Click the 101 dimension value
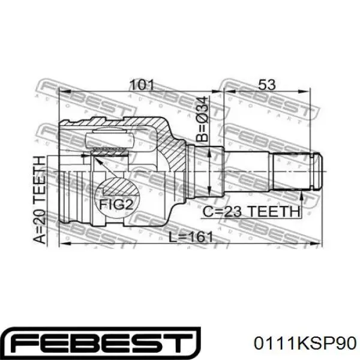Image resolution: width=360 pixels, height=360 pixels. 142,85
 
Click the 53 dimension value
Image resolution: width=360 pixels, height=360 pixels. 267,85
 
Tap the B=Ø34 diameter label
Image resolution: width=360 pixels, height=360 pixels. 202,119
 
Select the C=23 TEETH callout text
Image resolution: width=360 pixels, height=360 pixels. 251,211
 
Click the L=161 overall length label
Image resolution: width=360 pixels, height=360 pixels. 191,237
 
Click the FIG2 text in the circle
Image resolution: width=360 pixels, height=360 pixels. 116,205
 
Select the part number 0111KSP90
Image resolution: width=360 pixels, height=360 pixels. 305,343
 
